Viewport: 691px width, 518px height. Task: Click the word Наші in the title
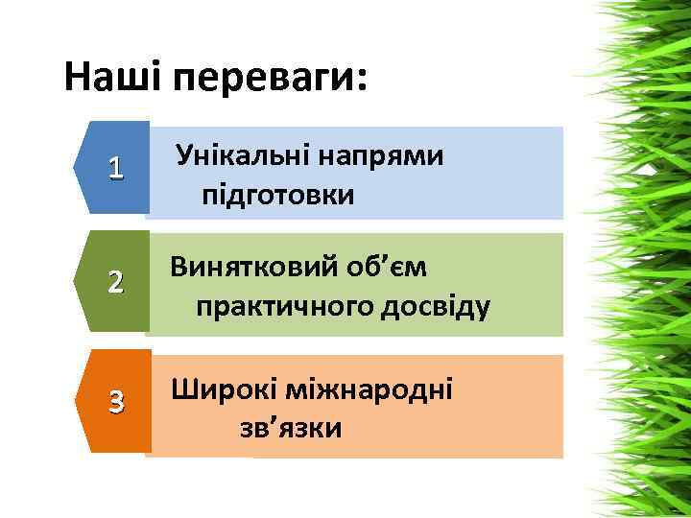(113, 77)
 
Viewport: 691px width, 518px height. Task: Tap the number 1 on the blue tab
(116, 169)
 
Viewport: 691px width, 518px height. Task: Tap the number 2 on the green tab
(116, 283)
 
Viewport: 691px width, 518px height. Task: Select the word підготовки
(277, 196)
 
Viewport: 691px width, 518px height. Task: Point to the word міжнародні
(375, 388)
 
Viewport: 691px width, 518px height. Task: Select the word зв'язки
(291, 427)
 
